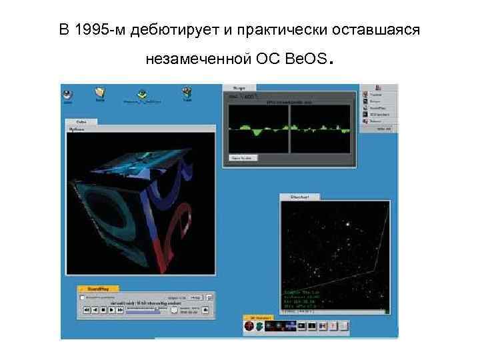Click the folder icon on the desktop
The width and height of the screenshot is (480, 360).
(100, 93)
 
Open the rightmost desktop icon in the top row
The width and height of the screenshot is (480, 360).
(187, 93)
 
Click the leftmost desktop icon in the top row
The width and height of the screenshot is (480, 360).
(68, 93)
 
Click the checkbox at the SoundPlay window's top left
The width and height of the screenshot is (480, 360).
(82, 297)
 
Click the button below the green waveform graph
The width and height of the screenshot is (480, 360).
(244, 158)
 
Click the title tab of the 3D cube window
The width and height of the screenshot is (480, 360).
(81, 122)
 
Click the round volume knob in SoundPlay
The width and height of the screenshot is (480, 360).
(175, 310)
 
